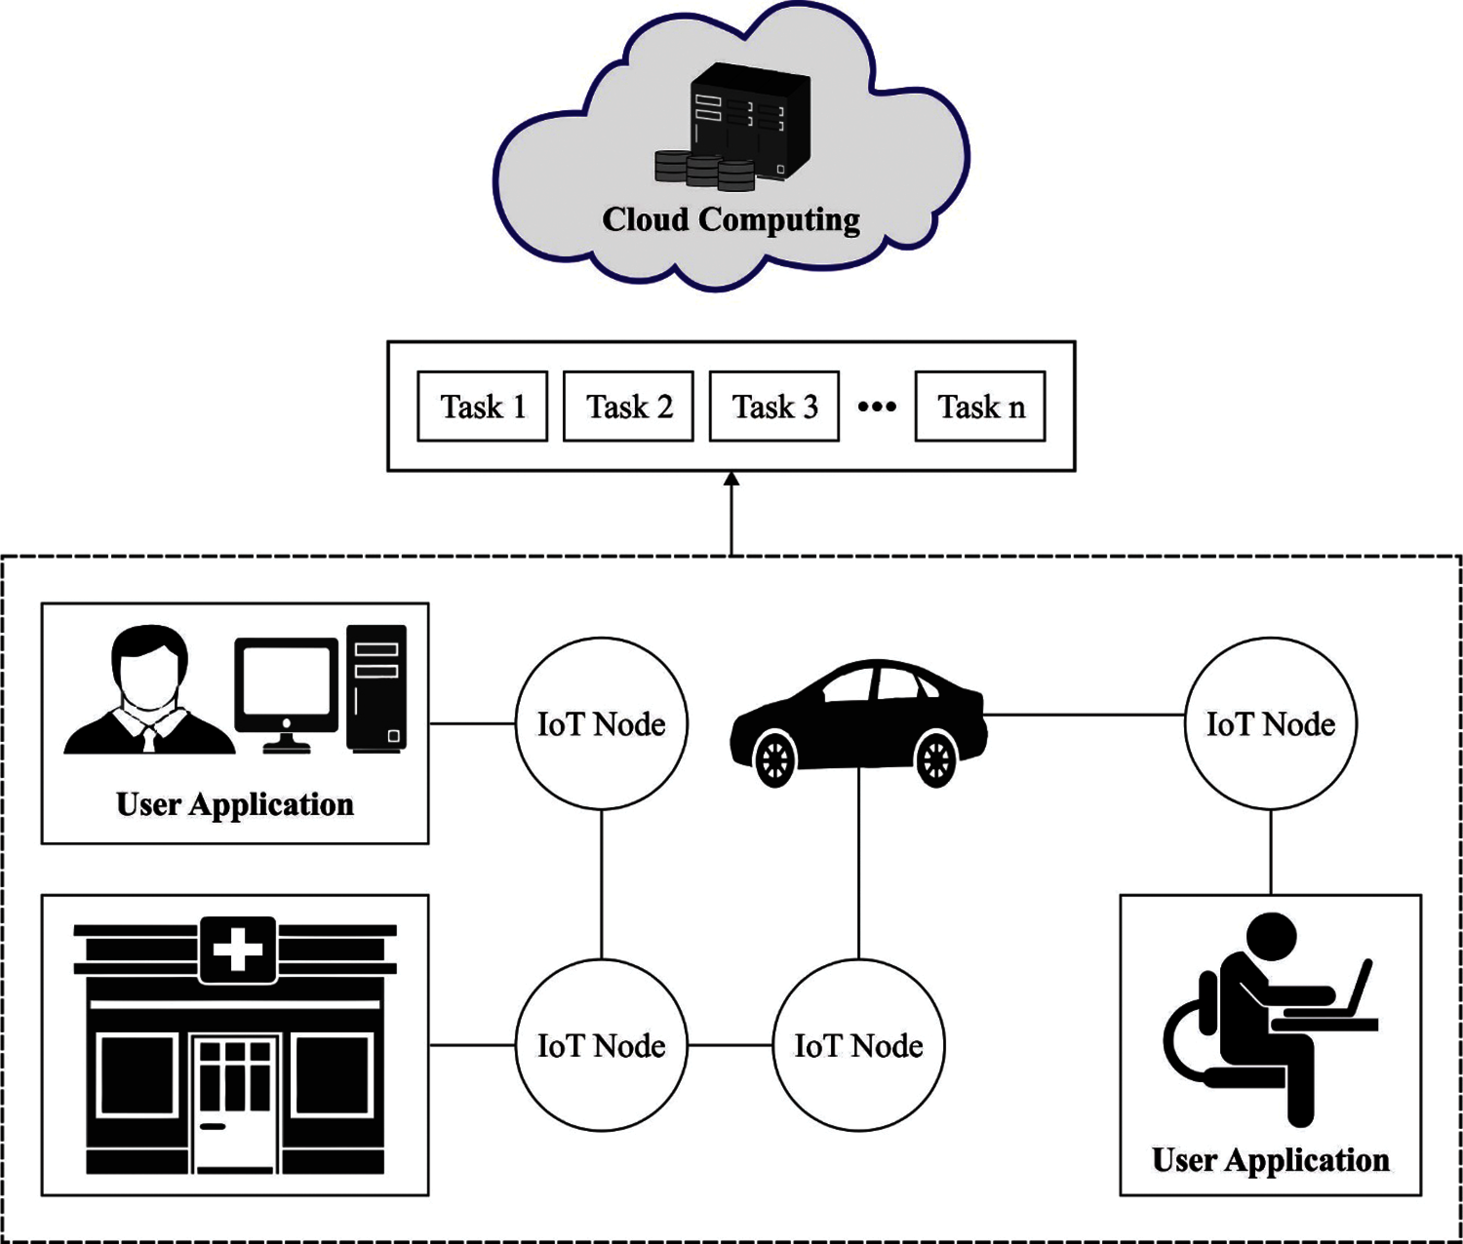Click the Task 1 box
pos(482,406)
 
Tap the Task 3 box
pos(774,406)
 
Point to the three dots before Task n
pos(877,406)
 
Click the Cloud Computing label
pos(731,219)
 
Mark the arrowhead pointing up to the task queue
pos(731,480)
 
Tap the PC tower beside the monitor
pos(376,688)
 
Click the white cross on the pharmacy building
pos(237,949)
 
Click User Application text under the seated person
pos(1270,1160)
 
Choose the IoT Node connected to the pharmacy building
pos(601,1045)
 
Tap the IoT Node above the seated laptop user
pos(1270,723)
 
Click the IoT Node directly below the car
pos(858,1045)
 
